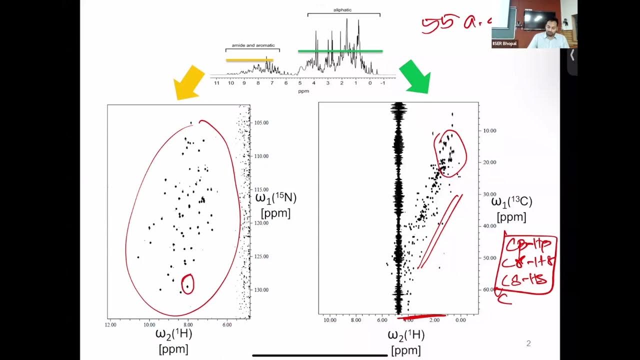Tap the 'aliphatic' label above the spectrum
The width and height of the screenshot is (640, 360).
pos(343,10)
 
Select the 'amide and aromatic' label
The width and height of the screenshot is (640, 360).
pos(253,45)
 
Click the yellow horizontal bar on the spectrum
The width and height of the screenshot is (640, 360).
pos(249,60)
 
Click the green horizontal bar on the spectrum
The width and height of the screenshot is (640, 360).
pos(340,51)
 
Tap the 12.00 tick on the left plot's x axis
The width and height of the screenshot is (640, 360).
pos(110,324)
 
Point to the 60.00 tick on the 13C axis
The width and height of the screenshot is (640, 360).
pos(490,289)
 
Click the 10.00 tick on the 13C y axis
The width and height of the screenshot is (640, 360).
pos(490,130)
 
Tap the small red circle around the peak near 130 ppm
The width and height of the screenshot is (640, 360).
pos(187,284)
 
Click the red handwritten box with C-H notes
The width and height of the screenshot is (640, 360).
pos(525,265)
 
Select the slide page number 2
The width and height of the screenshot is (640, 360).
pos(528,343)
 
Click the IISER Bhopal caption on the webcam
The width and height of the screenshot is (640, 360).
pos(504,44)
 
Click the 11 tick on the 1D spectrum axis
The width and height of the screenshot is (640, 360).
pos(216,82)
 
